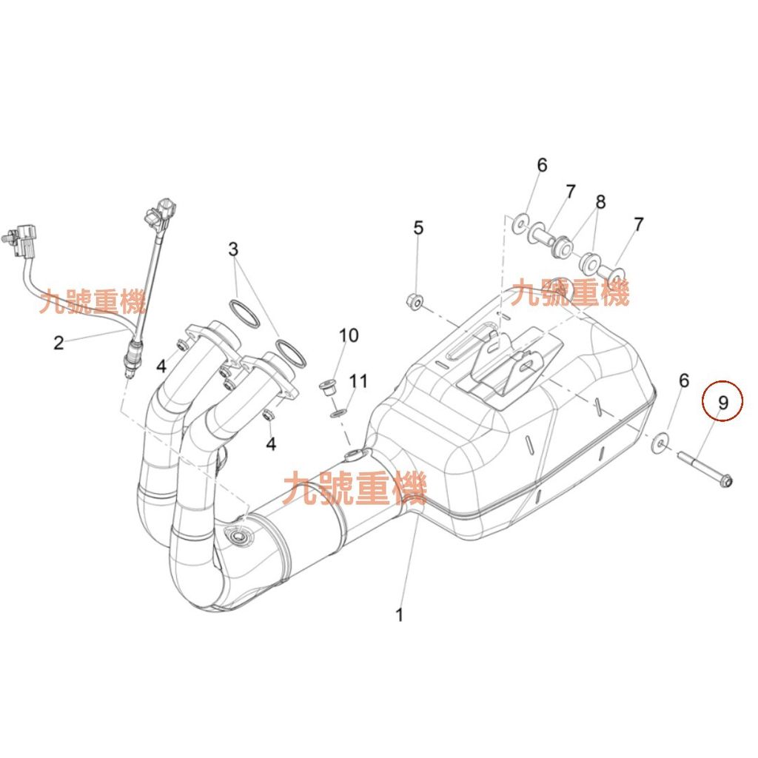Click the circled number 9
click(x=722, y=403)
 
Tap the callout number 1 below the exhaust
click(x=400, y=614)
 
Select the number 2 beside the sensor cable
click(x=59, y=342)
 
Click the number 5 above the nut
click(x=418, y=228)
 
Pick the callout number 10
click(x=349, y=335)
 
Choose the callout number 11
click(x=358, y=382)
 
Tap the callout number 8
click(x=600, y=201)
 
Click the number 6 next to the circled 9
click(x=683, y=380)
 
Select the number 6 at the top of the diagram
click(x=542, y=164)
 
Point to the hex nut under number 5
click(x=416, y=301)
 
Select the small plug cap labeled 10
click(x=326, y=387)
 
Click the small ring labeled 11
click(x=339, y=410)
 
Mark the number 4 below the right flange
click(x=271, y=444)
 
